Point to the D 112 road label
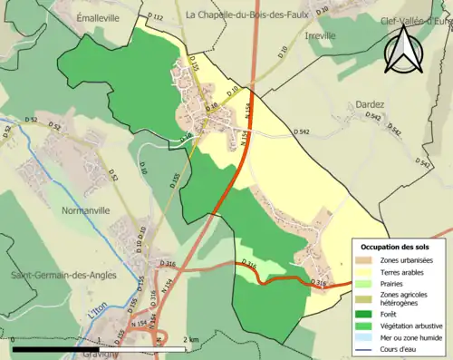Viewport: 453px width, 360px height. tap(154, 18)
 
